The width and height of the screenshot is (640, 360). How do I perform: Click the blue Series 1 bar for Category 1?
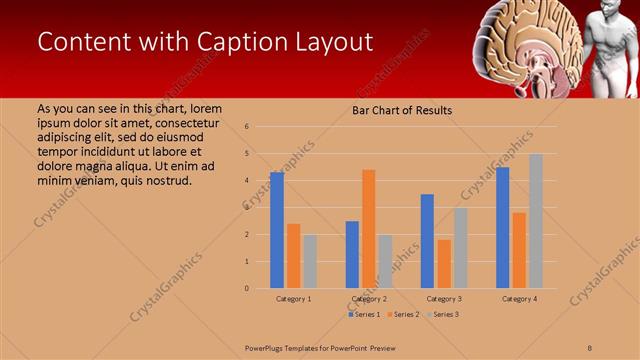[x=277, y=230]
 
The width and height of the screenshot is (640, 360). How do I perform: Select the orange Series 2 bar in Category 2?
[x=369, y=229]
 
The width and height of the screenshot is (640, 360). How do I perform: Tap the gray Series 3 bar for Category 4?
[x=536, y=221]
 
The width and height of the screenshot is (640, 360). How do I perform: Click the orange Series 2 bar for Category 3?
[x=444, y=264]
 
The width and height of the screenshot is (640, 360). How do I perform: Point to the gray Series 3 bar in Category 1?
[x=310, y=261]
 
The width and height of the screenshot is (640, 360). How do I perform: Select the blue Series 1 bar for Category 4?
[x=503, y=227]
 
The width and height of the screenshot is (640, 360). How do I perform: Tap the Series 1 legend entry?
[x=364, y=314]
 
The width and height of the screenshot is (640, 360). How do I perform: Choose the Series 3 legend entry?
[x=443, y=314]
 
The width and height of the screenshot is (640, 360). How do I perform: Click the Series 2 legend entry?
[x=403, y=314]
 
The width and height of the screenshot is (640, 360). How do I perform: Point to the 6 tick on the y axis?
[x=261, y=127]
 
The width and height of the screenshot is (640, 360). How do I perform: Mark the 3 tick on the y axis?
[x=261, y=208]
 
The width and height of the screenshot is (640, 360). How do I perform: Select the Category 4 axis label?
[x=519, y=299]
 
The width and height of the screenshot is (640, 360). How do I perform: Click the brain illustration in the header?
[x=528, y=45]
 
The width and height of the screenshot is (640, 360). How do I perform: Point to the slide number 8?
[x=590, y=347]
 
